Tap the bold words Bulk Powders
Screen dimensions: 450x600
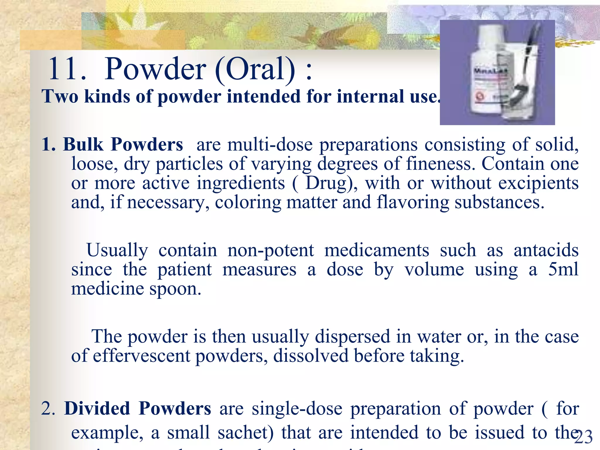(x=123, y=144)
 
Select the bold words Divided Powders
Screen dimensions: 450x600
(x=137, y=408)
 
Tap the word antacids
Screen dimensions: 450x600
(x=546, y=250)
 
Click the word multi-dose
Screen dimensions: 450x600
(x=270, y=144)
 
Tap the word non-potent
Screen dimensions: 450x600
(x=271, y=250)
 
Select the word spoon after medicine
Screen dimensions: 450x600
(x=175, y=289)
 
